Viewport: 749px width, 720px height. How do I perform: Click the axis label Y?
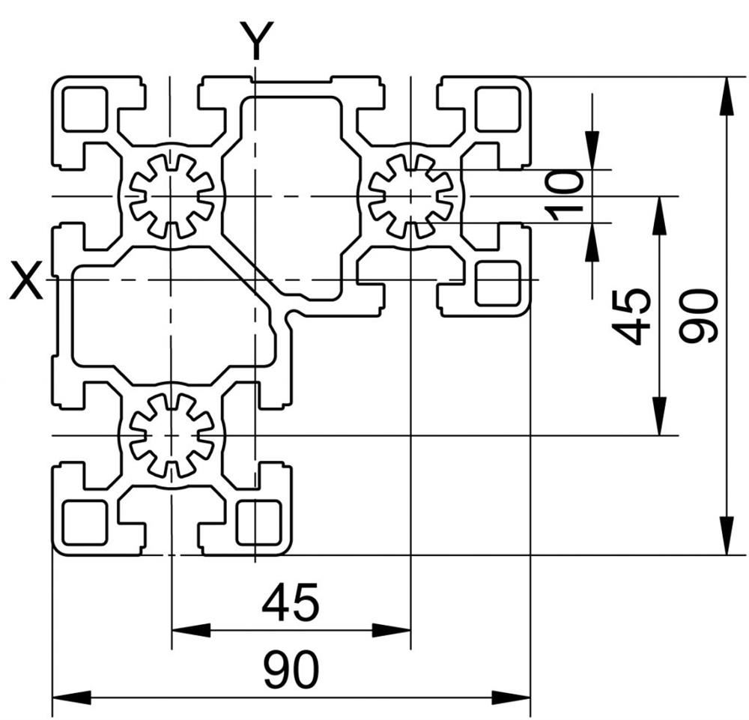pos(256,40)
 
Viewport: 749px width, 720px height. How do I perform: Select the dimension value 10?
pos(565,196)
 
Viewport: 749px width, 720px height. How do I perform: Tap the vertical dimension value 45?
pos(631,316)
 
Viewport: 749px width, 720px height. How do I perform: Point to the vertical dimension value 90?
pos(698,316)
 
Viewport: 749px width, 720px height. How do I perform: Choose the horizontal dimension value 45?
pos(291,602)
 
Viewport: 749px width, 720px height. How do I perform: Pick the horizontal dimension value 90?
pos(291,668)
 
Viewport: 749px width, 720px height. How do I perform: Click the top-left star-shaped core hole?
pos(171,196)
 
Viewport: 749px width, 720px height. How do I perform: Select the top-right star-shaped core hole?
pos(410,196)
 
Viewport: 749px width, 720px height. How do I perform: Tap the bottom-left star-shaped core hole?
pos(171,436)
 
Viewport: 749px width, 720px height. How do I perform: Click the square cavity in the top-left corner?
pos(85,109)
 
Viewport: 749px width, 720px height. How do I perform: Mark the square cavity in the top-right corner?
pos(497,109)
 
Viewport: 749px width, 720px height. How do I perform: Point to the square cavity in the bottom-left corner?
pos(85,523)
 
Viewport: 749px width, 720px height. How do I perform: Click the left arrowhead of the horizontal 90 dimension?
pos(71,697)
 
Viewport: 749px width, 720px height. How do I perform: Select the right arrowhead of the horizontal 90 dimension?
pos(511,697)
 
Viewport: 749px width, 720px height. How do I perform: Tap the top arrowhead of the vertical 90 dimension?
pos(727,96)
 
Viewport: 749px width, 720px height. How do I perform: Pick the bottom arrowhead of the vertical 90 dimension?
pos(727,536)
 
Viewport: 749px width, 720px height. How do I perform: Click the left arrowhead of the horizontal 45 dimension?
pos(190,630)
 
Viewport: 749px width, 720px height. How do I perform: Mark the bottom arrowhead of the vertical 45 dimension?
pos(660,416)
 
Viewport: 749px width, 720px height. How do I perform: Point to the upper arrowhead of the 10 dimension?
pos(592,150)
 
